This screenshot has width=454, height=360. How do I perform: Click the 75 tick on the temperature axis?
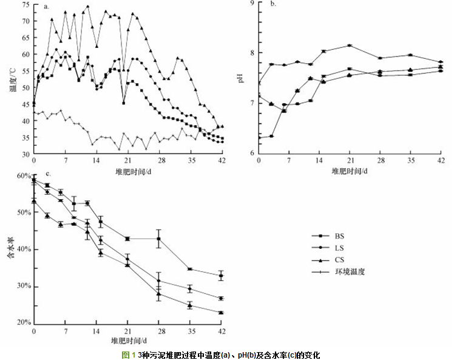point(25,4)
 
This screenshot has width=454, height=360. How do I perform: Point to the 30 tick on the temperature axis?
point(25,154)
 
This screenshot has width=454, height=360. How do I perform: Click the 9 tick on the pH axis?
point(252,4)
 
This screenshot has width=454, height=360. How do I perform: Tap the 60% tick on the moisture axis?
point(22,175)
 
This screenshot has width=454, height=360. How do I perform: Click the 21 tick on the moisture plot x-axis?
point(127,330)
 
